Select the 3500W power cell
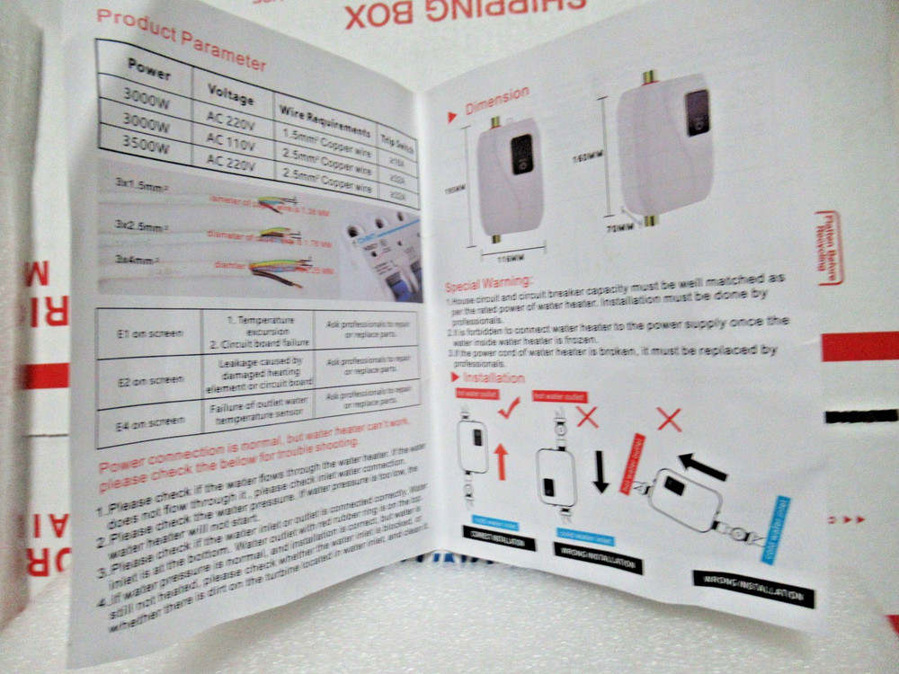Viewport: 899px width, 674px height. click(146, 146)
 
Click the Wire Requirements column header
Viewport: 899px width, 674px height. click(323, 120)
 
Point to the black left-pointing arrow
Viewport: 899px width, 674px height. click(703, 466)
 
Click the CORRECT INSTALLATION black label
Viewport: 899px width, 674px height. click(499, 542)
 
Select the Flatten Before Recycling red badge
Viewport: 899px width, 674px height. click(828, 247)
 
